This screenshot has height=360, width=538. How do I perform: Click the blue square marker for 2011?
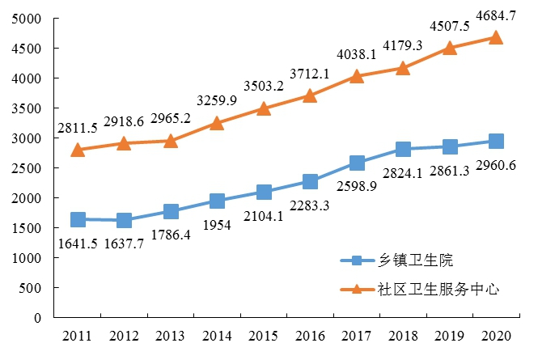(x=78, y=219)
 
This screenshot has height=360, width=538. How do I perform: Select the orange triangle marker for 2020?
(x=496, y=37)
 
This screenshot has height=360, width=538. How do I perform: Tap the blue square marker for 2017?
(x=357, y=163)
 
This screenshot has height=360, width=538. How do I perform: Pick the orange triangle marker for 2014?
(x=217, y=123)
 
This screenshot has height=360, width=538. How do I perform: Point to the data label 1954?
(x=217, y=226)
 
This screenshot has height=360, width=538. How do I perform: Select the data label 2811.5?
(x=78, y=127)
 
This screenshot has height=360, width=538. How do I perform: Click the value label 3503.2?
(x=264, y=86)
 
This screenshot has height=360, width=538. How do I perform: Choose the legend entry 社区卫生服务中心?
(x=434, y=288)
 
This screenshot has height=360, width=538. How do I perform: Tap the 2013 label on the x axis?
(x=171, y=335)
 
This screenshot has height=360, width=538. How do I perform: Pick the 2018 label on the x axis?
(x=403, y=335)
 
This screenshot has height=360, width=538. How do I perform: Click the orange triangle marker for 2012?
(x=124, y=143)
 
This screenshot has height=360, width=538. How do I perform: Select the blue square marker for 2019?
(x=450, y=146)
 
